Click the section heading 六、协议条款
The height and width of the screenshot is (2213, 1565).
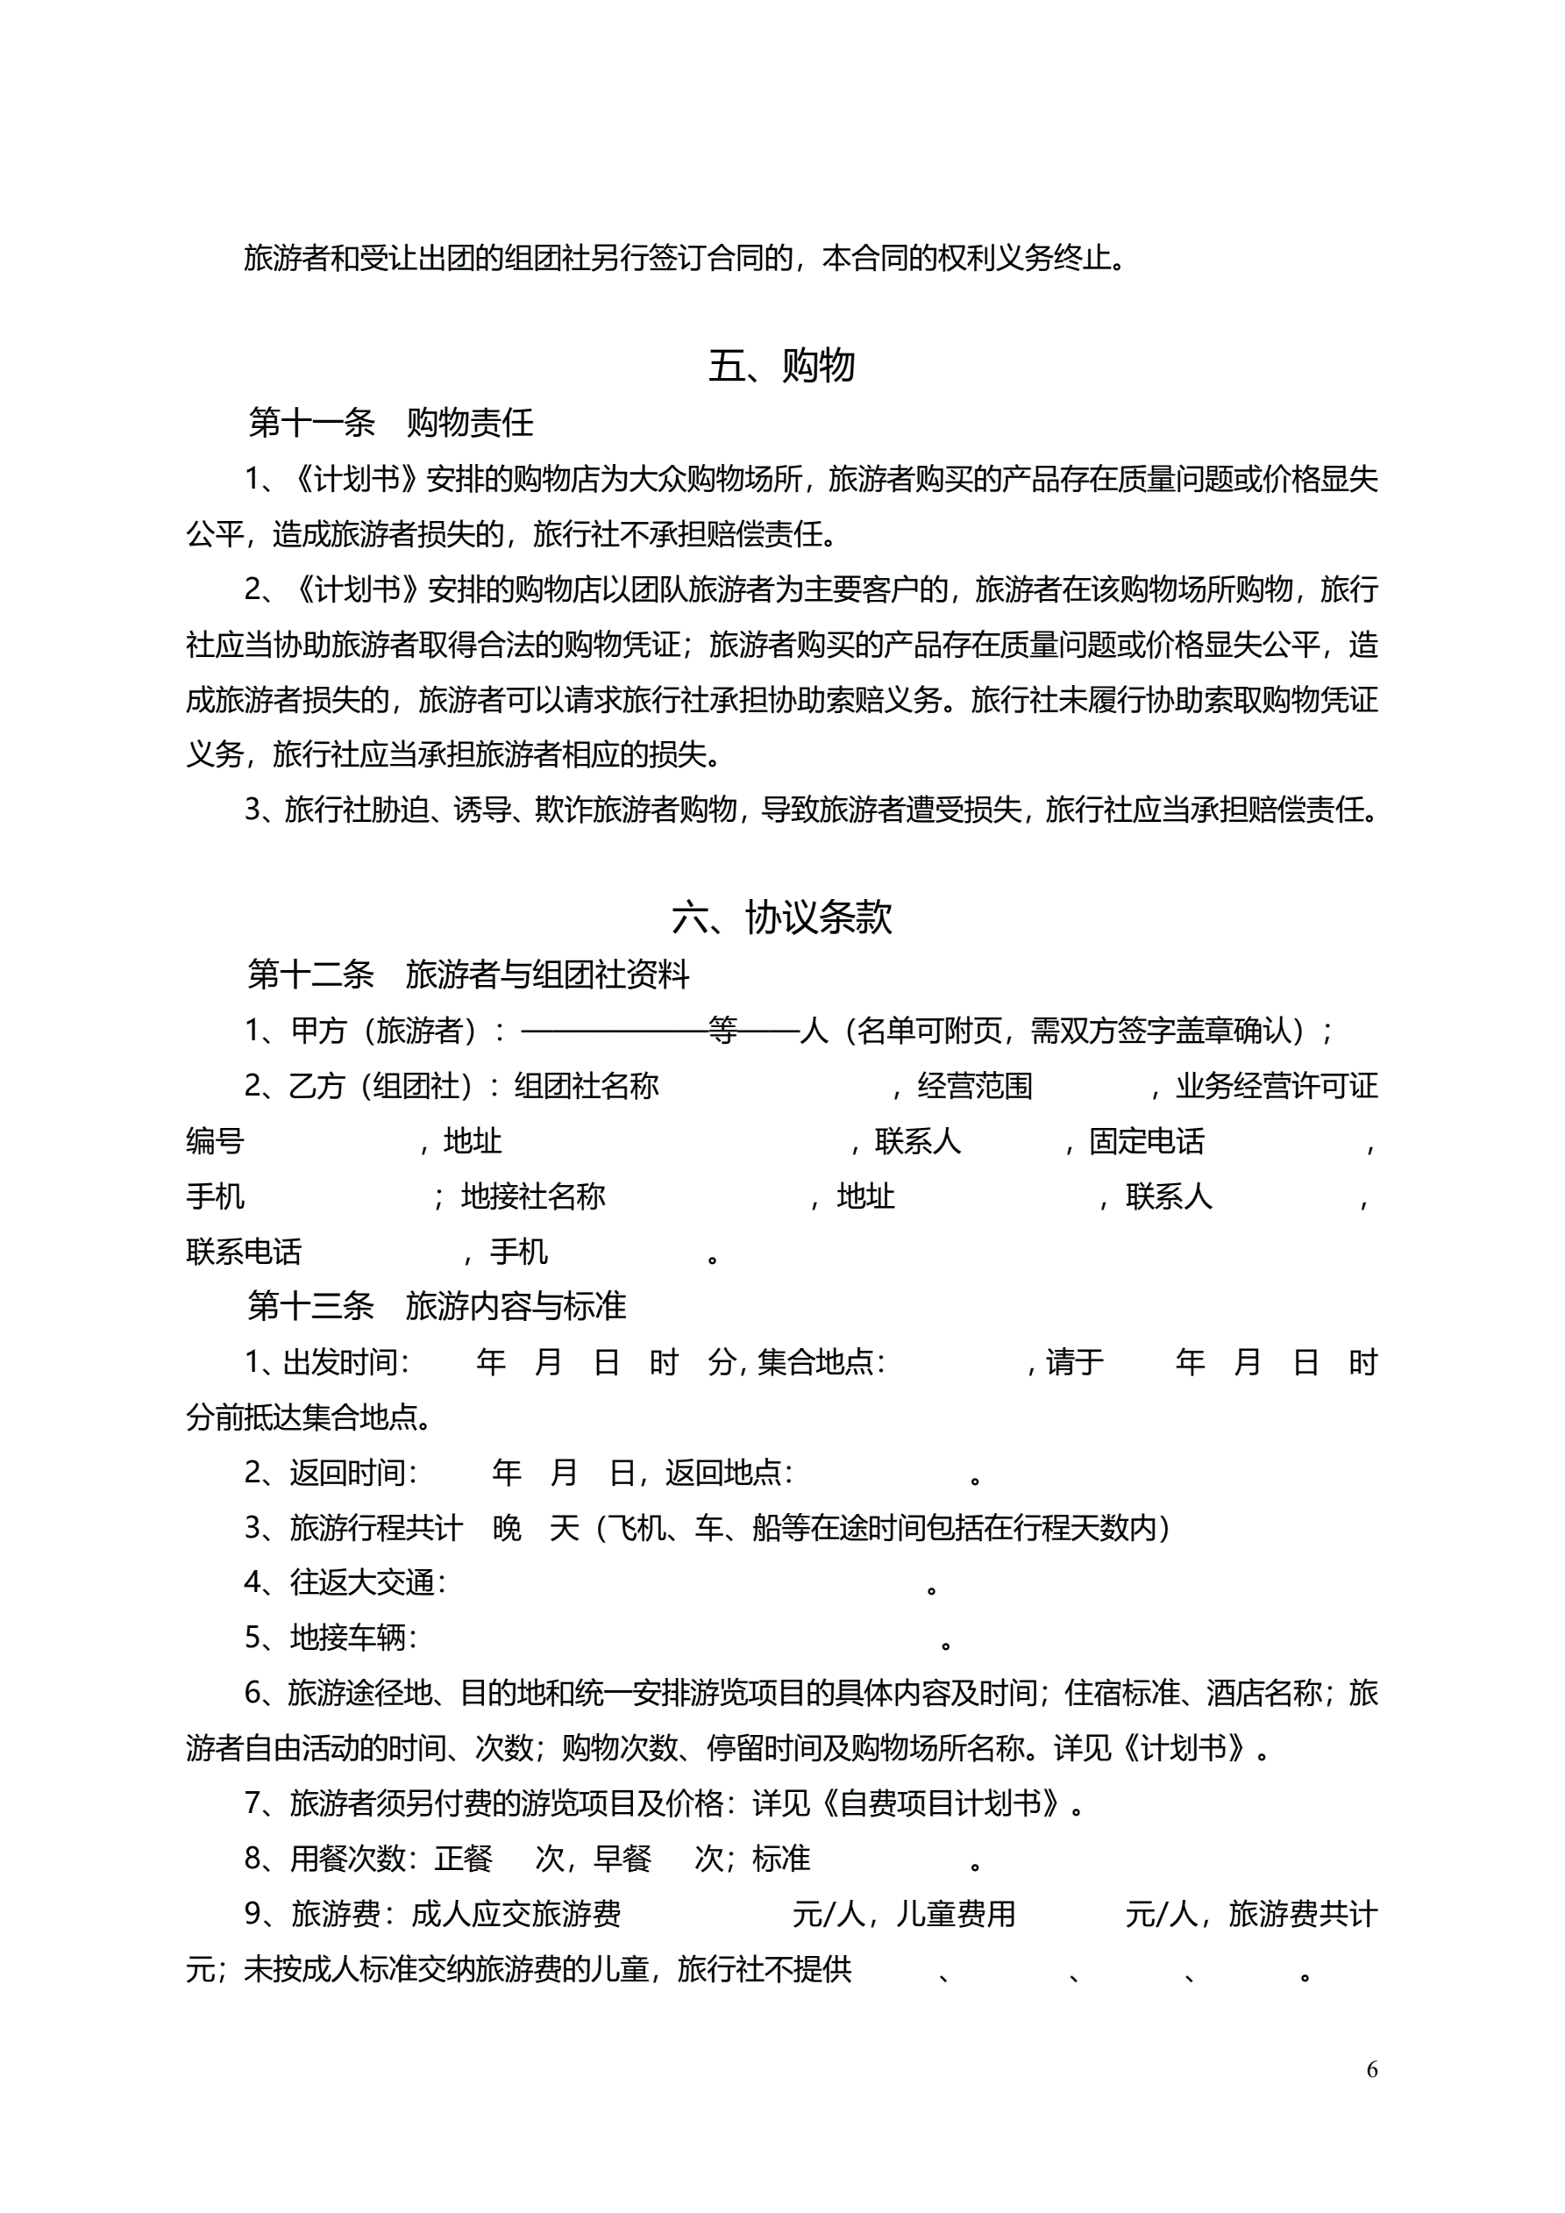click(781, 917)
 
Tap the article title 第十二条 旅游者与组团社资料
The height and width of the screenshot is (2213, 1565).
click(468, 974)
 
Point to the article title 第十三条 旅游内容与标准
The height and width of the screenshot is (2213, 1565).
click(437, 1306)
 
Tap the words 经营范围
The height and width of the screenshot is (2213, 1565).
click(974, 1086)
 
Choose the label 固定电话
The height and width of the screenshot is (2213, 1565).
click(1146, 1141)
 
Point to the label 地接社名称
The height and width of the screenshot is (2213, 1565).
click(533, 1196)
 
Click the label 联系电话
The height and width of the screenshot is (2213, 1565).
click(244, 1252)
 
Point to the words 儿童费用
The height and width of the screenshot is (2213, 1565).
click(956, 1913)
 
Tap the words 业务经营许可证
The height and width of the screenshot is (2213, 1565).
click(1276, 1086)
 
